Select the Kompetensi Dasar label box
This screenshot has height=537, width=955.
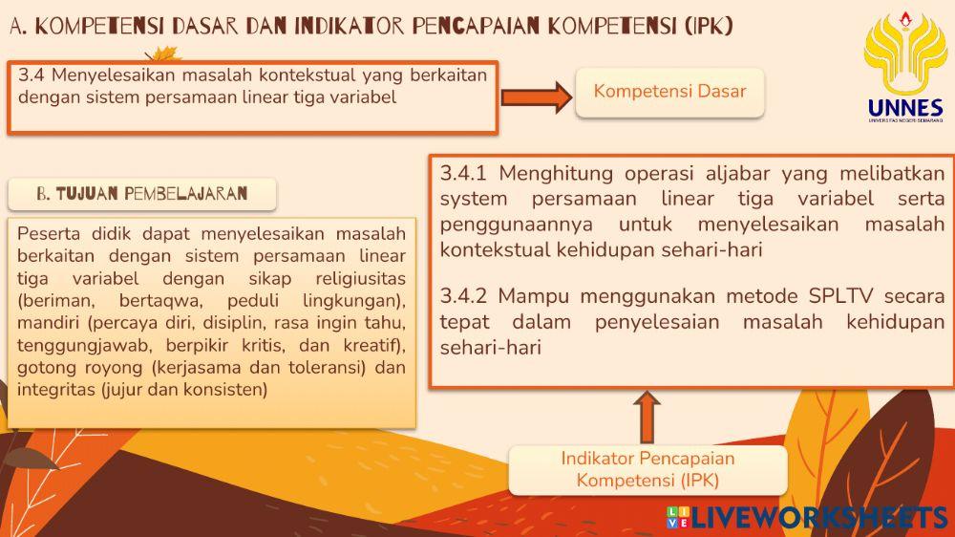[x=669, y=92]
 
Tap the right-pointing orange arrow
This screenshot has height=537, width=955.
[x=536, y=97]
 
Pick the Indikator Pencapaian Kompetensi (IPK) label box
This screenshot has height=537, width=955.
[x=647, y=469]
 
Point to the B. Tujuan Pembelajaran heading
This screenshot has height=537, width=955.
[x=141, y=194]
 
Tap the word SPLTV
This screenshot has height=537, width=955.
[x=843, y=295]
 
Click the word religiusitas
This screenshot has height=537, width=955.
[x=360, y=278]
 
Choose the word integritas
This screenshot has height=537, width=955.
[x=53, y=390]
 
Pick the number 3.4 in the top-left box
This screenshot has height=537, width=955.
[x=31, y=75]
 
